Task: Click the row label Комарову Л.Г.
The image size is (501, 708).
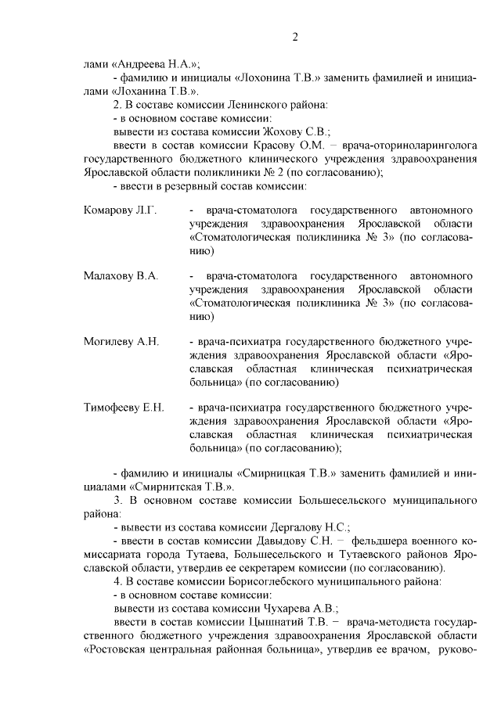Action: [x=121, y=211]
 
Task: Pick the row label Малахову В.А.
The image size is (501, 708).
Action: [x=121, y=276]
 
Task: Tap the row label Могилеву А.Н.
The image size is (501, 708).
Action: [x=121, y=342]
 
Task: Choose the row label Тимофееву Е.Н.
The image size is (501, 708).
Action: [x=124, y=408]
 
